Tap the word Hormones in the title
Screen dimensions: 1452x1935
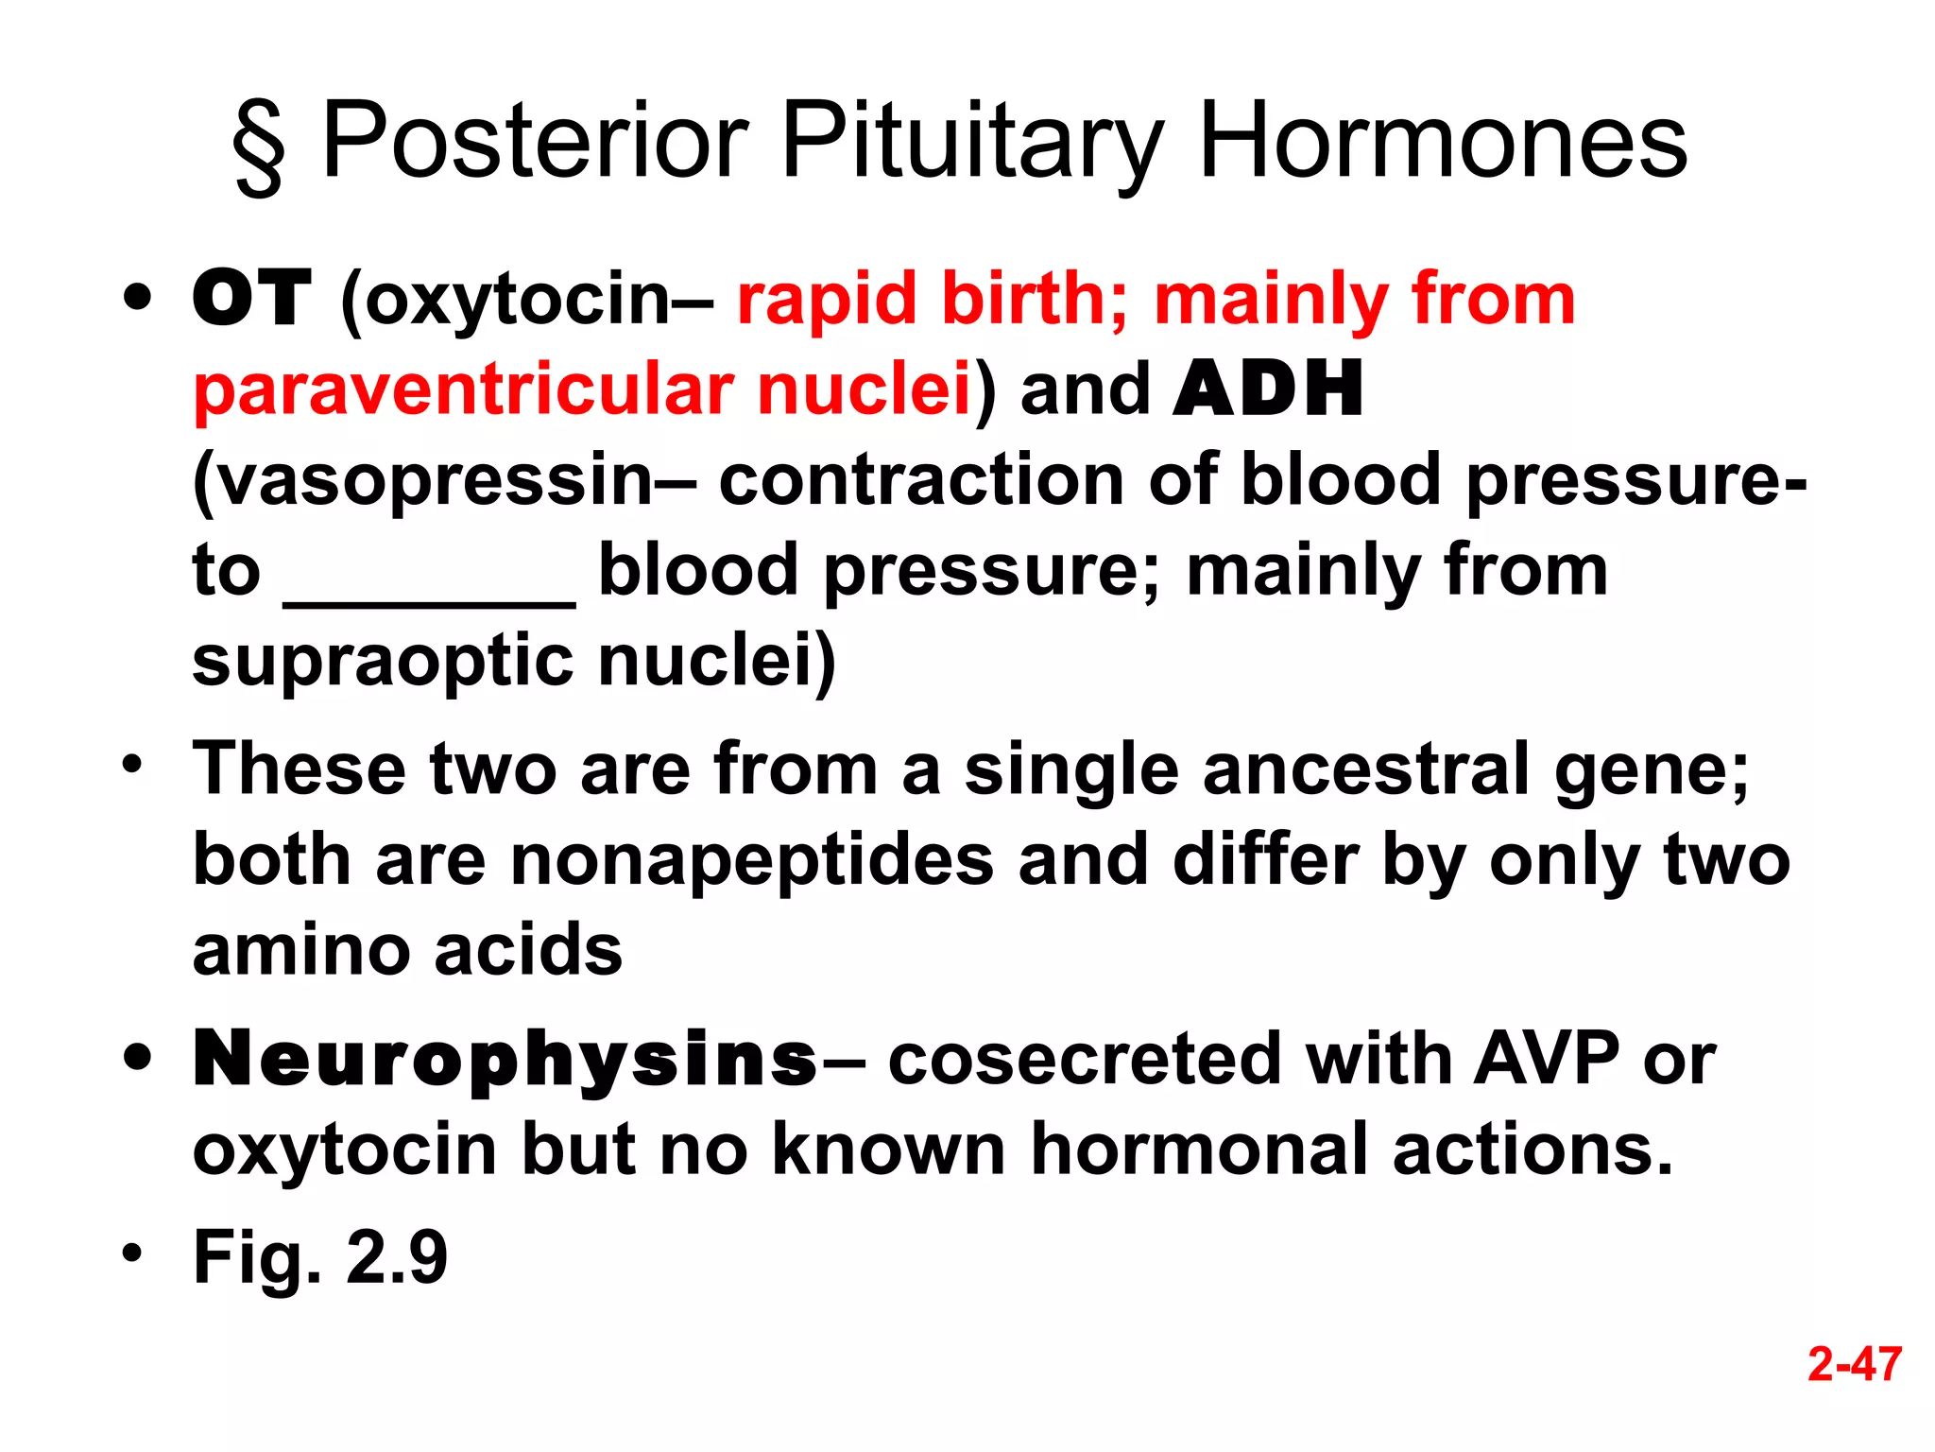tap(1442, 142)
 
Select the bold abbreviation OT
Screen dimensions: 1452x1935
tap(251, 299)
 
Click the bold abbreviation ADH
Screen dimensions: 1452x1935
tap(1267, 389)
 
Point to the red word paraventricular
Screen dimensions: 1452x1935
tap(464, 389)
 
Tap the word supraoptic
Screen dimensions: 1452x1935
tap(383, 662)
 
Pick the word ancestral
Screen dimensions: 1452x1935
tap(1365, 769)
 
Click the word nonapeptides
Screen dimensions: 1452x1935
tap(752, 859)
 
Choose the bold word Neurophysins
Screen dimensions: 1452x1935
tap(505, 1060)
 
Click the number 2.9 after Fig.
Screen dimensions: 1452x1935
tap(396, 1257)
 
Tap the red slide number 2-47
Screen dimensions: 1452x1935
tap(1854, 1364)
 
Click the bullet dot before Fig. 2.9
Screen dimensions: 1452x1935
tap(132, 1253)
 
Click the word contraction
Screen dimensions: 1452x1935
tap(920, 480)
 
